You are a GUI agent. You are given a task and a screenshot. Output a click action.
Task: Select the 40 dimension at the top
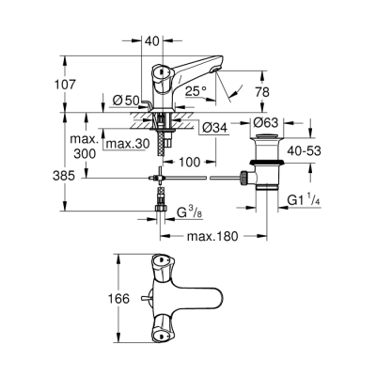point(152,41)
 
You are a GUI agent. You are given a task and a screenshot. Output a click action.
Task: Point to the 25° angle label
point(196,91)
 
